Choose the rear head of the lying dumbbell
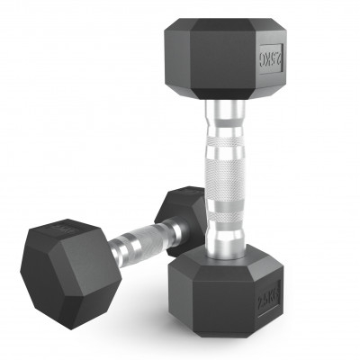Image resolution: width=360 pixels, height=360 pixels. [x=184, y=211]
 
